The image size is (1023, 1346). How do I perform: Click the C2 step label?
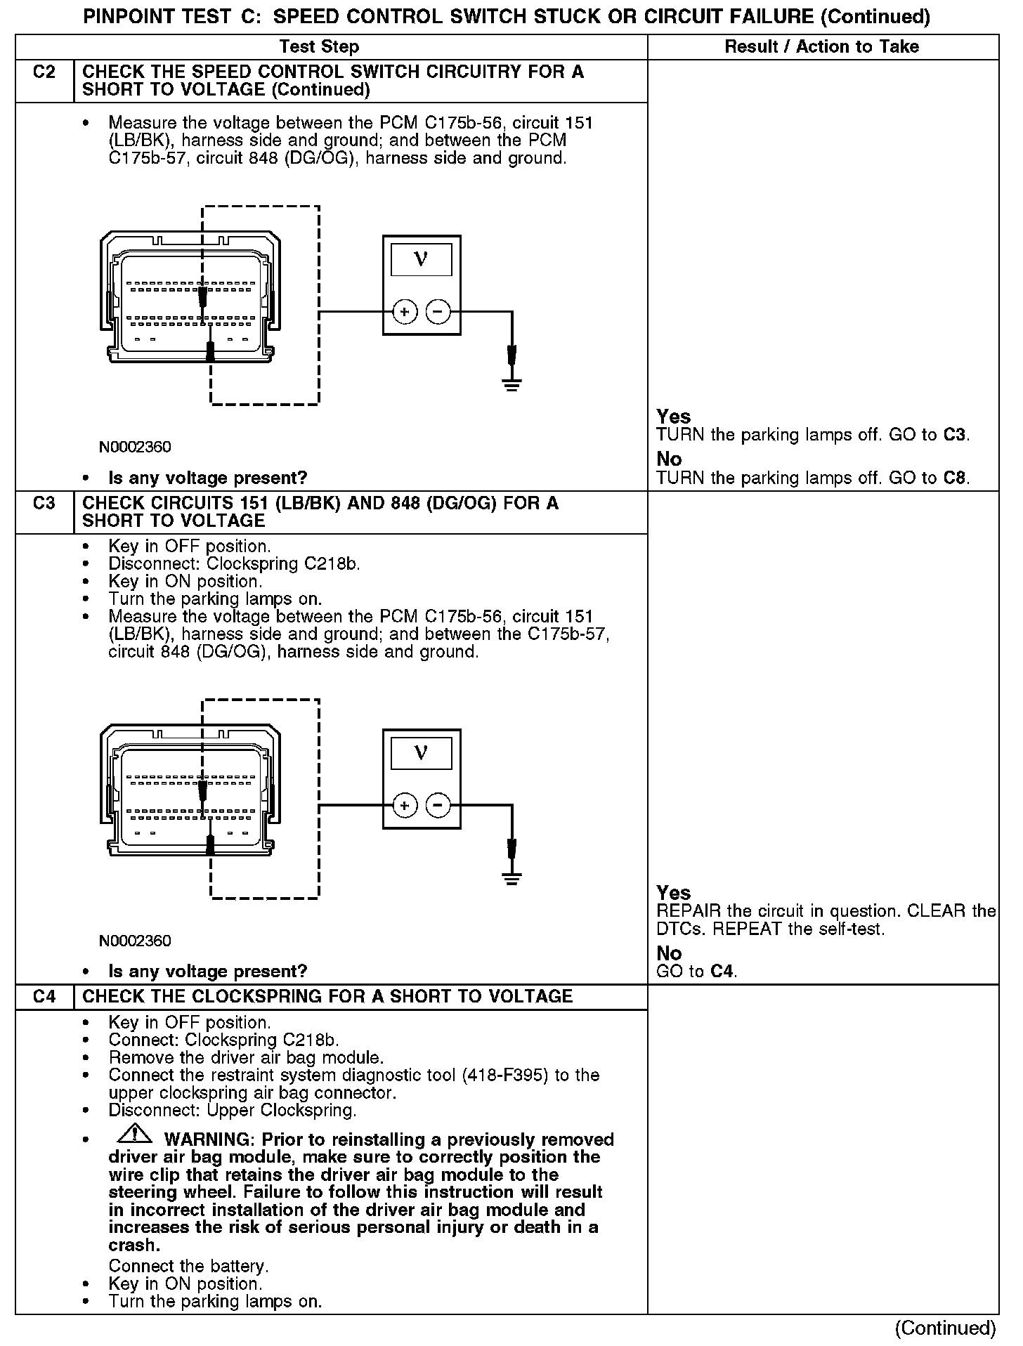tap(44, 72)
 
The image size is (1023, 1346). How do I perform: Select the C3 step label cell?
tap(44, 504)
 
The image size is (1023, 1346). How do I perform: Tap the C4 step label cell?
tap(44, 997)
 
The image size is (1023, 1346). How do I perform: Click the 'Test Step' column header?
tap(319, 47)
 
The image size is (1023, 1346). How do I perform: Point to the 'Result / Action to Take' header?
tap(821, 47)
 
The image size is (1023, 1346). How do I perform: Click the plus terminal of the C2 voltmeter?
tap(405, 311)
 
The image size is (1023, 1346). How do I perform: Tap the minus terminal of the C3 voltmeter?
tap(438, 805)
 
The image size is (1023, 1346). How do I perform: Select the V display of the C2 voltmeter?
tap(421, 260)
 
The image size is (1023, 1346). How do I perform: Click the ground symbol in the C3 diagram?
tap(511, 877)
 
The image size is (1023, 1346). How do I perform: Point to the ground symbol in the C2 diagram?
tap(511, 384)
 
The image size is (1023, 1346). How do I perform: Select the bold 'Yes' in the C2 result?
tap(673, 417)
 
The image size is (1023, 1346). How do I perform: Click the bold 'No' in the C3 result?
tap(669, 953)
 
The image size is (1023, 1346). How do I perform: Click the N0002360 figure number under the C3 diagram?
tap(135, 941)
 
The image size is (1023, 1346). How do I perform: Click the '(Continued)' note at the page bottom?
tap(945, 1328)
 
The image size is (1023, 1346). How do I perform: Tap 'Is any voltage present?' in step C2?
tap(207, 478)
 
